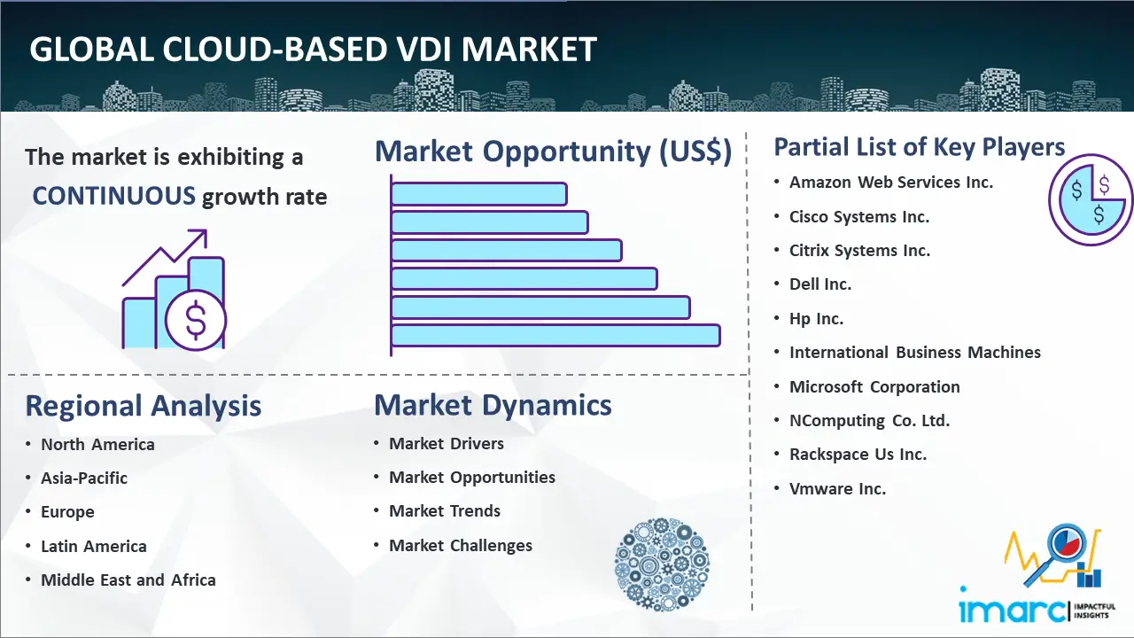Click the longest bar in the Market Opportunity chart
[555, 335]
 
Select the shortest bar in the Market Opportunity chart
[479, 194]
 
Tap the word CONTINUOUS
[114, 196]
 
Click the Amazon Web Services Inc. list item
[891, 183]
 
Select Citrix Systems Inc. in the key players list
[859, 251]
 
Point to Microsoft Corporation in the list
[874, 387]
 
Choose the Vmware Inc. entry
[837, 488]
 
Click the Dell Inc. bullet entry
[820, 284]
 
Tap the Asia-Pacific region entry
[84, 478]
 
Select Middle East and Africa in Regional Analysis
[128, 580]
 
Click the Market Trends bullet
[445, 511]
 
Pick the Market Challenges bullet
[461, 545]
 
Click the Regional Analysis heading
[144, 406]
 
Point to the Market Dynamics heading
[493, 405]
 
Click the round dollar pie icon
[1090, 200]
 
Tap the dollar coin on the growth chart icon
[196, 320]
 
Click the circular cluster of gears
[662, 564]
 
